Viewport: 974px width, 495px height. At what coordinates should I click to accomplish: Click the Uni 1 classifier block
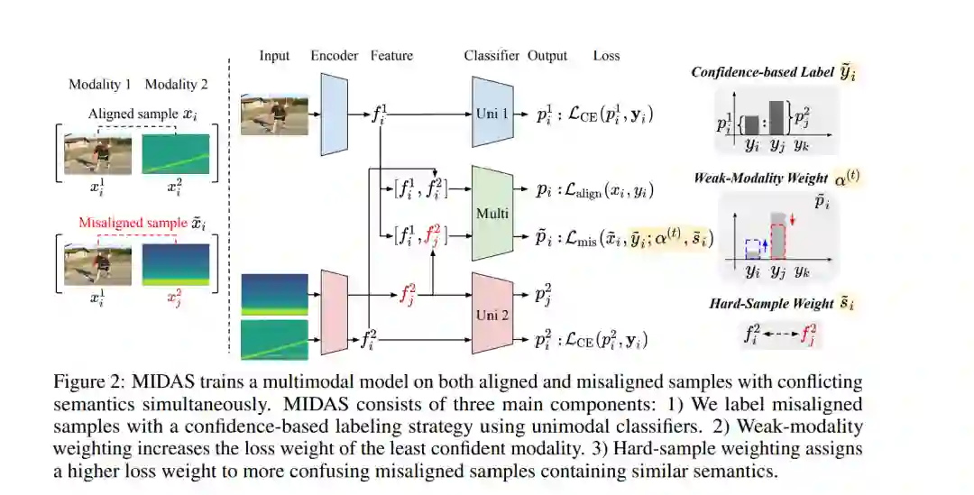click(492, 115)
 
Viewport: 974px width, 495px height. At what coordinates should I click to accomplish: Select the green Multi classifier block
click(492, 215)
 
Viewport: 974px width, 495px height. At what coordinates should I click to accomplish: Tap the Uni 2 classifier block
click(492, 316)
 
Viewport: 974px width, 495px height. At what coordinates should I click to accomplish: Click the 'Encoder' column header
click(334, 56)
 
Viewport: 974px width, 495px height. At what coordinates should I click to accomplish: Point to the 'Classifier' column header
click(492, 56)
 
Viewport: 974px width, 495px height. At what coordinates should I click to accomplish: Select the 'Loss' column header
click(606, 56)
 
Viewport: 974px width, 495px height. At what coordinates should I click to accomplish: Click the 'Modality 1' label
click(100, 85)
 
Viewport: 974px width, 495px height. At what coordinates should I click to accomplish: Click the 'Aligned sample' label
click(132, 115)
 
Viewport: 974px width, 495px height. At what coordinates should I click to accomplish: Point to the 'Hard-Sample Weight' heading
click(771, 304)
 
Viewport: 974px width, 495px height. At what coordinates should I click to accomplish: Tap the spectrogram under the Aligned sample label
click(175, 153)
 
